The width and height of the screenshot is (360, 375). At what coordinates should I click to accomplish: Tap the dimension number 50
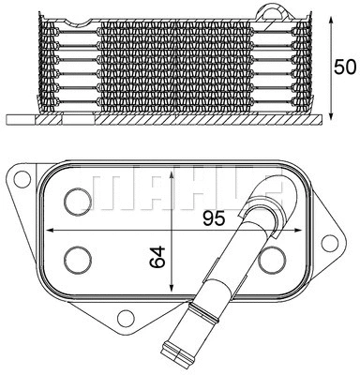click(x=346, y=67)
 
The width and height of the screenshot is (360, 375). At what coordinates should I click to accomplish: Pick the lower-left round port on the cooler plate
click(x=78, y=259)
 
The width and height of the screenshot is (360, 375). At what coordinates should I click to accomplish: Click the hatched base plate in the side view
click(x=169, y=121)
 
